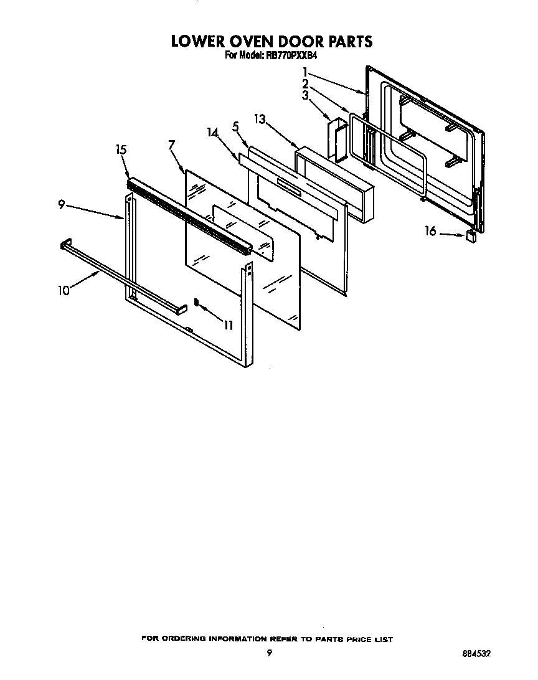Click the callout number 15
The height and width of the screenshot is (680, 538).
(x=121, y=149)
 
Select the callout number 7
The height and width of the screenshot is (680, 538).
(x=171, y=145)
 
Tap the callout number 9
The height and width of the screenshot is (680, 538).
(x=62, y=204)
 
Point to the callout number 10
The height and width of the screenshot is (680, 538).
(x=64, y=290)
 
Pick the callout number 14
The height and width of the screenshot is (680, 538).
(x=212, y=133)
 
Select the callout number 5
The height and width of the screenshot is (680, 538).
(x=235, y=127)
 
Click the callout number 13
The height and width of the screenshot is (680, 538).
(x=260, y=119)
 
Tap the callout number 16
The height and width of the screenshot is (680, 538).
(x=430, y=232)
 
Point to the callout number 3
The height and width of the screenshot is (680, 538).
(x=306, y=95)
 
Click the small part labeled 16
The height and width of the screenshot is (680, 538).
(x=471, y=235)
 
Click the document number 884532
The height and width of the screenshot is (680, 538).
(x=476, y=654)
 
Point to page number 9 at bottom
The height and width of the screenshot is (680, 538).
(x=269, y=653)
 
